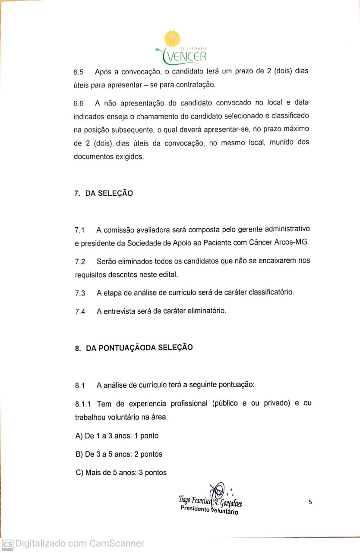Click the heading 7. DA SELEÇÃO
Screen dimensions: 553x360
click(103, 194)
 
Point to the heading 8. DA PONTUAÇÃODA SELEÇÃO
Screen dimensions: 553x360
click(134, 348)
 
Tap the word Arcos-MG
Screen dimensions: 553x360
click(292, 243)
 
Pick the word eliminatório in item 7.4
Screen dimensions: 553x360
click(204, 311)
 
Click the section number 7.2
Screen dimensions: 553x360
click(80, 262)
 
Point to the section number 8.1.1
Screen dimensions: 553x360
click(83, 404)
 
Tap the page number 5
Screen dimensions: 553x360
click(310, 502)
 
